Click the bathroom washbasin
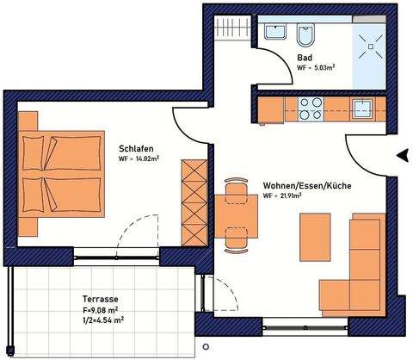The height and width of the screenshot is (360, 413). [275, 34]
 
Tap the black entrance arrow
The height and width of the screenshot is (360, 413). [401, 156]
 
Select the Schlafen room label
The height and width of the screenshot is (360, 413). [136, 147]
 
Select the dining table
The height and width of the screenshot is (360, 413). [231, 215]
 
